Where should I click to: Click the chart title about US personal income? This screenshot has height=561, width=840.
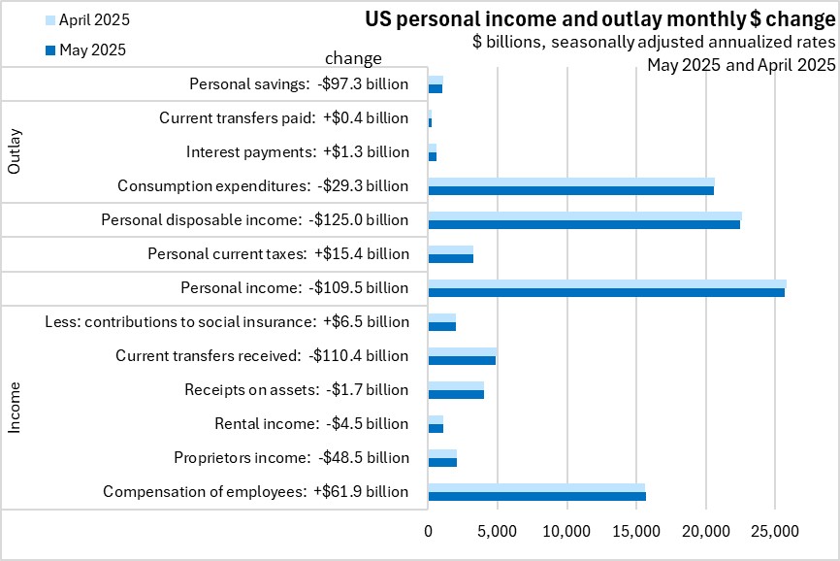coord(599,18)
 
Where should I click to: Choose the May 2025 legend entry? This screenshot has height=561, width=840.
coord(93,49)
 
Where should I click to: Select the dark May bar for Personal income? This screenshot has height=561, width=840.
coord(606,292)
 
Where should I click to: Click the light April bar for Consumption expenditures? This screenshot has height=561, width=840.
coord(570,181)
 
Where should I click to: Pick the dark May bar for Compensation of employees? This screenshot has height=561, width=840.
coord(536,496)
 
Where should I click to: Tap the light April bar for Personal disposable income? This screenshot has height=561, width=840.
coord(585,215)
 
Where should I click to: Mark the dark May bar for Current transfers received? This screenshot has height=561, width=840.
coord(462,360)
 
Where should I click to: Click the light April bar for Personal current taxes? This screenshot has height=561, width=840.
coord(450,249)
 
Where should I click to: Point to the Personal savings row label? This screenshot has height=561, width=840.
coord(299,84)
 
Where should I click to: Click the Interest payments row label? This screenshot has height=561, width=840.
coord(297,152)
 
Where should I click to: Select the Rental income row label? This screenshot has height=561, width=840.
coord(311,424)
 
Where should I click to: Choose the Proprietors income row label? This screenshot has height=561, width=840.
coord(291,458)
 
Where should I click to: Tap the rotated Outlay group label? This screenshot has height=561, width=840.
coord(15,152)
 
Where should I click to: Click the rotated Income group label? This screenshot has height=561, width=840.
coord(15,408)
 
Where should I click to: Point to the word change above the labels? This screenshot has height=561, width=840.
coord(353,58)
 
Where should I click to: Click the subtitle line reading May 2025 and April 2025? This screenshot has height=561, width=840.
coord(742,65)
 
